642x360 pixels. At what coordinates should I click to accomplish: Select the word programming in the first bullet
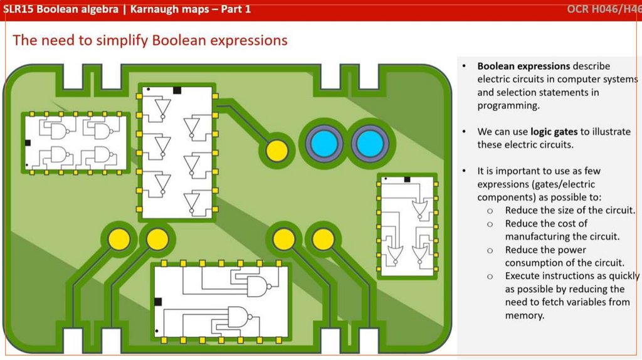pyautogui.click(x=507, y=105)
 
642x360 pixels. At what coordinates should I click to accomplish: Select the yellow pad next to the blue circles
pyautogui.click(x=277, y=151)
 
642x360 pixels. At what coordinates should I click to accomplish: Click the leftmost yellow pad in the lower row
pyautogui.click(x=118, y=239)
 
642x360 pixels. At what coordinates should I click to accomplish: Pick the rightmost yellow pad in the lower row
pyautogui.click(x=323, y=239)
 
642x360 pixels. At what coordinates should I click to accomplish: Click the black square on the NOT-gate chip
pyautogui.click(x=177, y=90)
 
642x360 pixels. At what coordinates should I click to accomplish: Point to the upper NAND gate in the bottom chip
pyautogui.click(x=257, y=286)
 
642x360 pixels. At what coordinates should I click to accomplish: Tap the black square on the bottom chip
pyautogui.click(x=158, y=302)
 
